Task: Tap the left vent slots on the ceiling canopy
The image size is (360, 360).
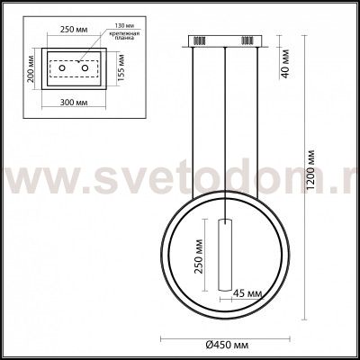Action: pyautogui.click(x=200, y=40)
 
